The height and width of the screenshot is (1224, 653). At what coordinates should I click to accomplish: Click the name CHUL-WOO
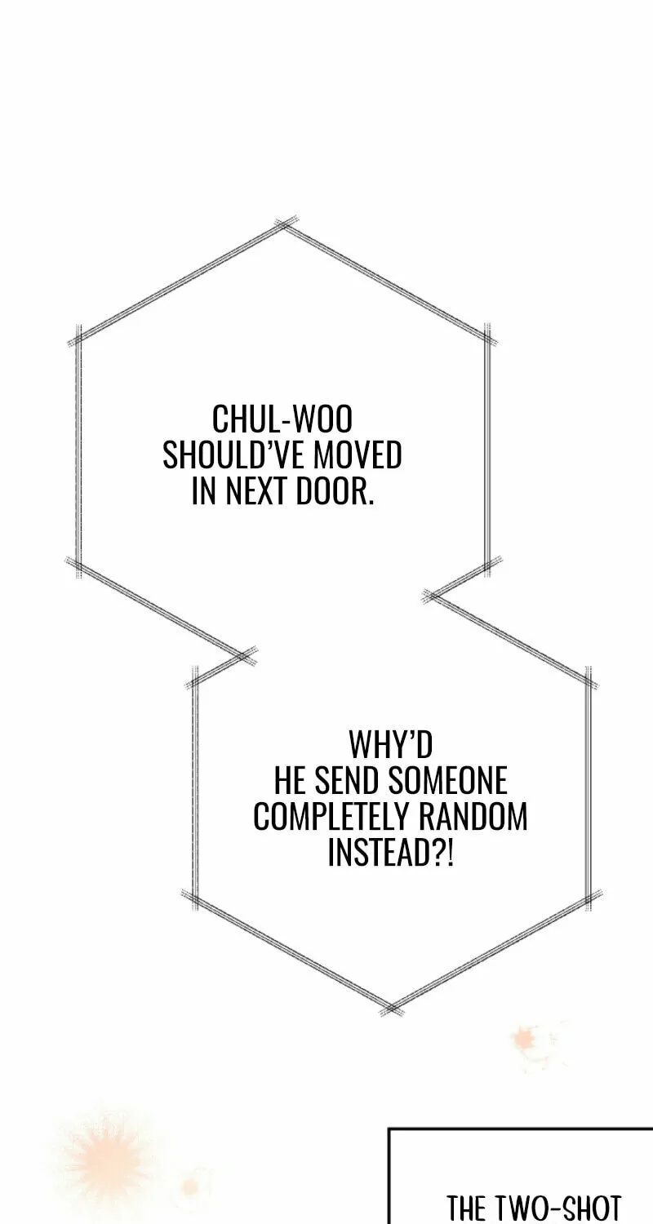coord(282,419)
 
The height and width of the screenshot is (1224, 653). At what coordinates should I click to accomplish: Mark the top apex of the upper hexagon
coord(283,226)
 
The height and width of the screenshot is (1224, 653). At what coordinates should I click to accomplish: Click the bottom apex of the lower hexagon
coord(391,1007)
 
